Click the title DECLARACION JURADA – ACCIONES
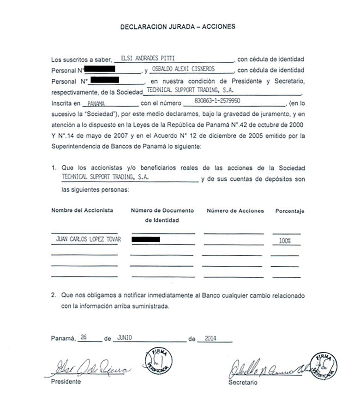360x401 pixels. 178,27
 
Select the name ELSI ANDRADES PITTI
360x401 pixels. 147,59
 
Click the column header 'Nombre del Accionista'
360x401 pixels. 82,210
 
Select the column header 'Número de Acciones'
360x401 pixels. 235,211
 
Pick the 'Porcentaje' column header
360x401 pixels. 290,211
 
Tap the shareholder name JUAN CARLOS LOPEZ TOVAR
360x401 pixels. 86,240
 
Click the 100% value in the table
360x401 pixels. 285,241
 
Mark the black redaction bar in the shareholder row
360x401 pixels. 146,239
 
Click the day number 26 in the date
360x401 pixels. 84,337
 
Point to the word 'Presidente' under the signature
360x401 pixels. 66,382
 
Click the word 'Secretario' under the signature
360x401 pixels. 243,383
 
